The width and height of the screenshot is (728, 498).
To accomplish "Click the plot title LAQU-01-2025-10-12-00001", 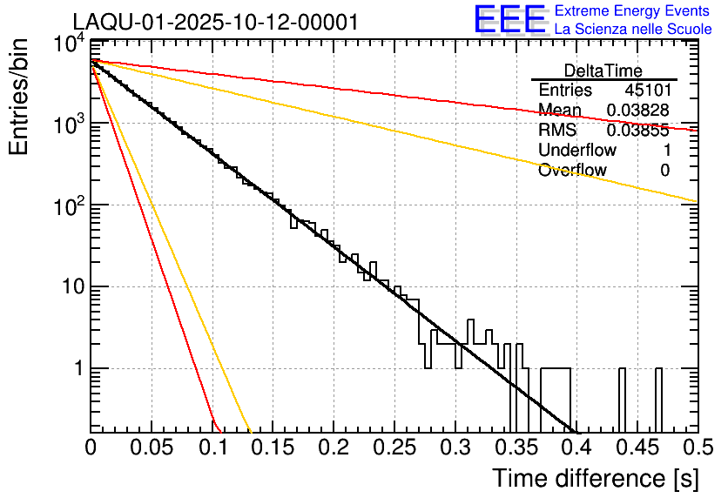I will click(215, 22).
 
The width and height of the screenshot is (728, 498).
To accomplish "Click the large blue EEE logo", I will click(509, 20).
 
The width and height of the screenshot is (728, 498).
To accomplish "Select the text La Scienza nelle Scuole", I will click(632, 29).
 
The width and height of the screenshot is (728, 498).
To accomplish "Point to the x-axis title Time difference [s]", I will click(595, 478).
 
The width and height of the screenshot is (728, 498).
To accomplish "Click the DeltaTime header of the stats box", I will click(603, 71).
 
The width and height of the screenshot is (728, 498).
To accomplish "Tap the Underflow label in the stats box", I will click(576, 151).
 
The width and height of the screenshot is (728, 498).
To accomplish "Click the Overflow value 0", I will click(664, 171).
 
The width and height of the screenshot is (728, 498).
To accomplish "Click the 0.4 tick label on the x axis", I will click(576, 448).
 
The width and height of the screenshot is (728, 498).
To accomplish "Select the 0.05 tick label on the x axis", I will click(152, 448).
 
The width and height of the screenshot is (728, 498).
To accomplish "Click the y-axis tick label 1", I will click(77, 369).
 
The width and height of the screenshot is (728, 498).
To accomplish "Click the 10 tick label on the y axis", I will click(70, 287).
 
